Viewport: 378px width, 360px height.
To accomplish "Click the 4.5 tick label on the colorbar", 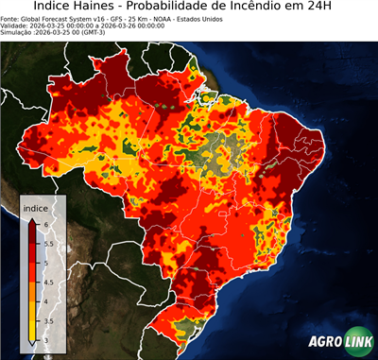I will (48, 282).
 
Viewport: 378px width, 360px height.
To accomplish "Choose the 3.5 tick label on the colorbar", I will (48, 321).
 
